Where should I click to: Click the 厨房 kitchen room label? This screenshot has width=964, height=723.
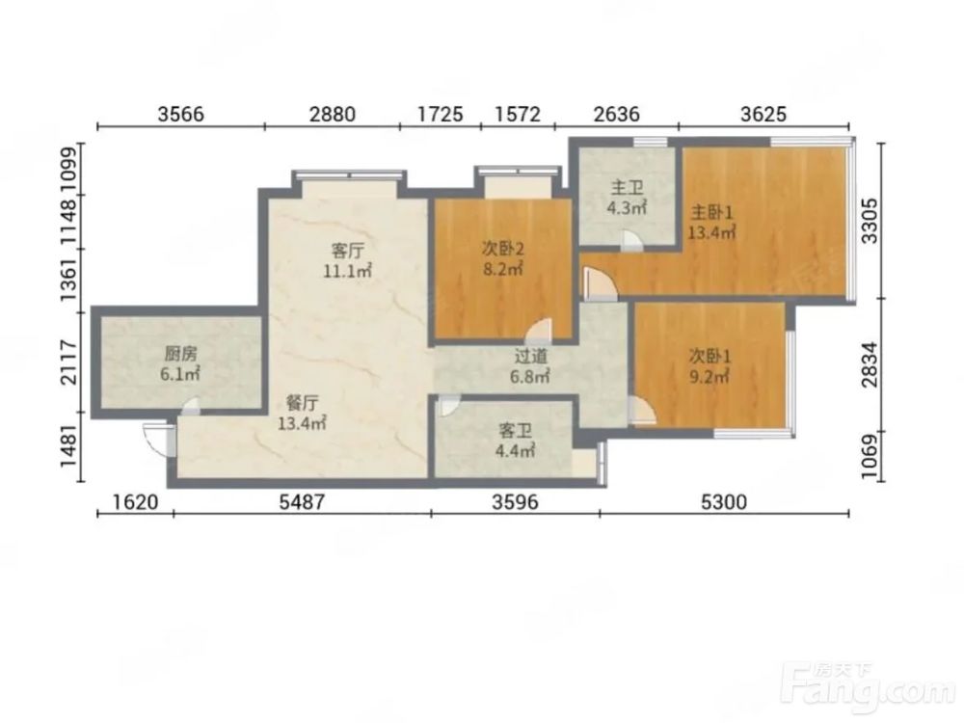(x=181, y=354)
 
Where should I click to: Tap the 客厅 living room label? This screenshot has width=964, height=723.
(x=348, y=251)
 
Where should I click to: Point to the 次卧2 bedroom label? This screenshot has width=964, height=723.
(x=503, y=249)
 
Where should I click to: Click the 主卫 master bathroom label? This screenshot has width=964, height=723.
(x=627, y=188)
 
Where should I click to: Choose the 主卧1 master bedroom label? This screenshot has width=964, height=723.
(x=712, y=213)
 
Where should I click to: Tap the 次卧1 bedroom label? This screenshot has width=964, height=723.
(x=710, y=356)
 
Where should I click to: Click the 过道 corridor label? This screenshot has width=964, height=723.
(x=530, y=356)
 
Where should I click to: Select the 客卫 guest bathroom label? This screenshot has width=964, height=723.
(x=515, y=432)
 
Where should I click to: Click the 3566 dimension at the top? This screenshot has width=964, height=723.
(x=181, y=114)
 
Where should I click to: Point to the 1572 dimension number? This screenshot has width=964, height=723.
(x=518, y=114)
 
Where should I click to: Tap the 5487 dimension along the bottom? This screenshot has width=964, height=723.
(x=301, y=502)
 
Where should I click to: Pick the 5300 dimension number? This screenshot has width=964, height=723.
(x=724, y=502)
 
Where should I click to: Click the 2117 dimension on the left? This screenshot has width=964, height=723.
(x=69, y=362)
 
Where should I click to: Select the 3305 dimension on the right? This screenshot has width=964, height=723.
(x=870, y=222)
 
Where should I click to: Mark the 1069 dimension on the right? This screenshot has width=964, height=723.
(x=870, y=457)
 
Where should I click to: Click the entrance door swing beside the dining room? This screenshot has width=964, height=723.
(x=155, y=440)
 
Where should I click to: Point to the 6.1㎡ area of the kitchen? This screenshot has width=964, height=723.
(x=180, y=374)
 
